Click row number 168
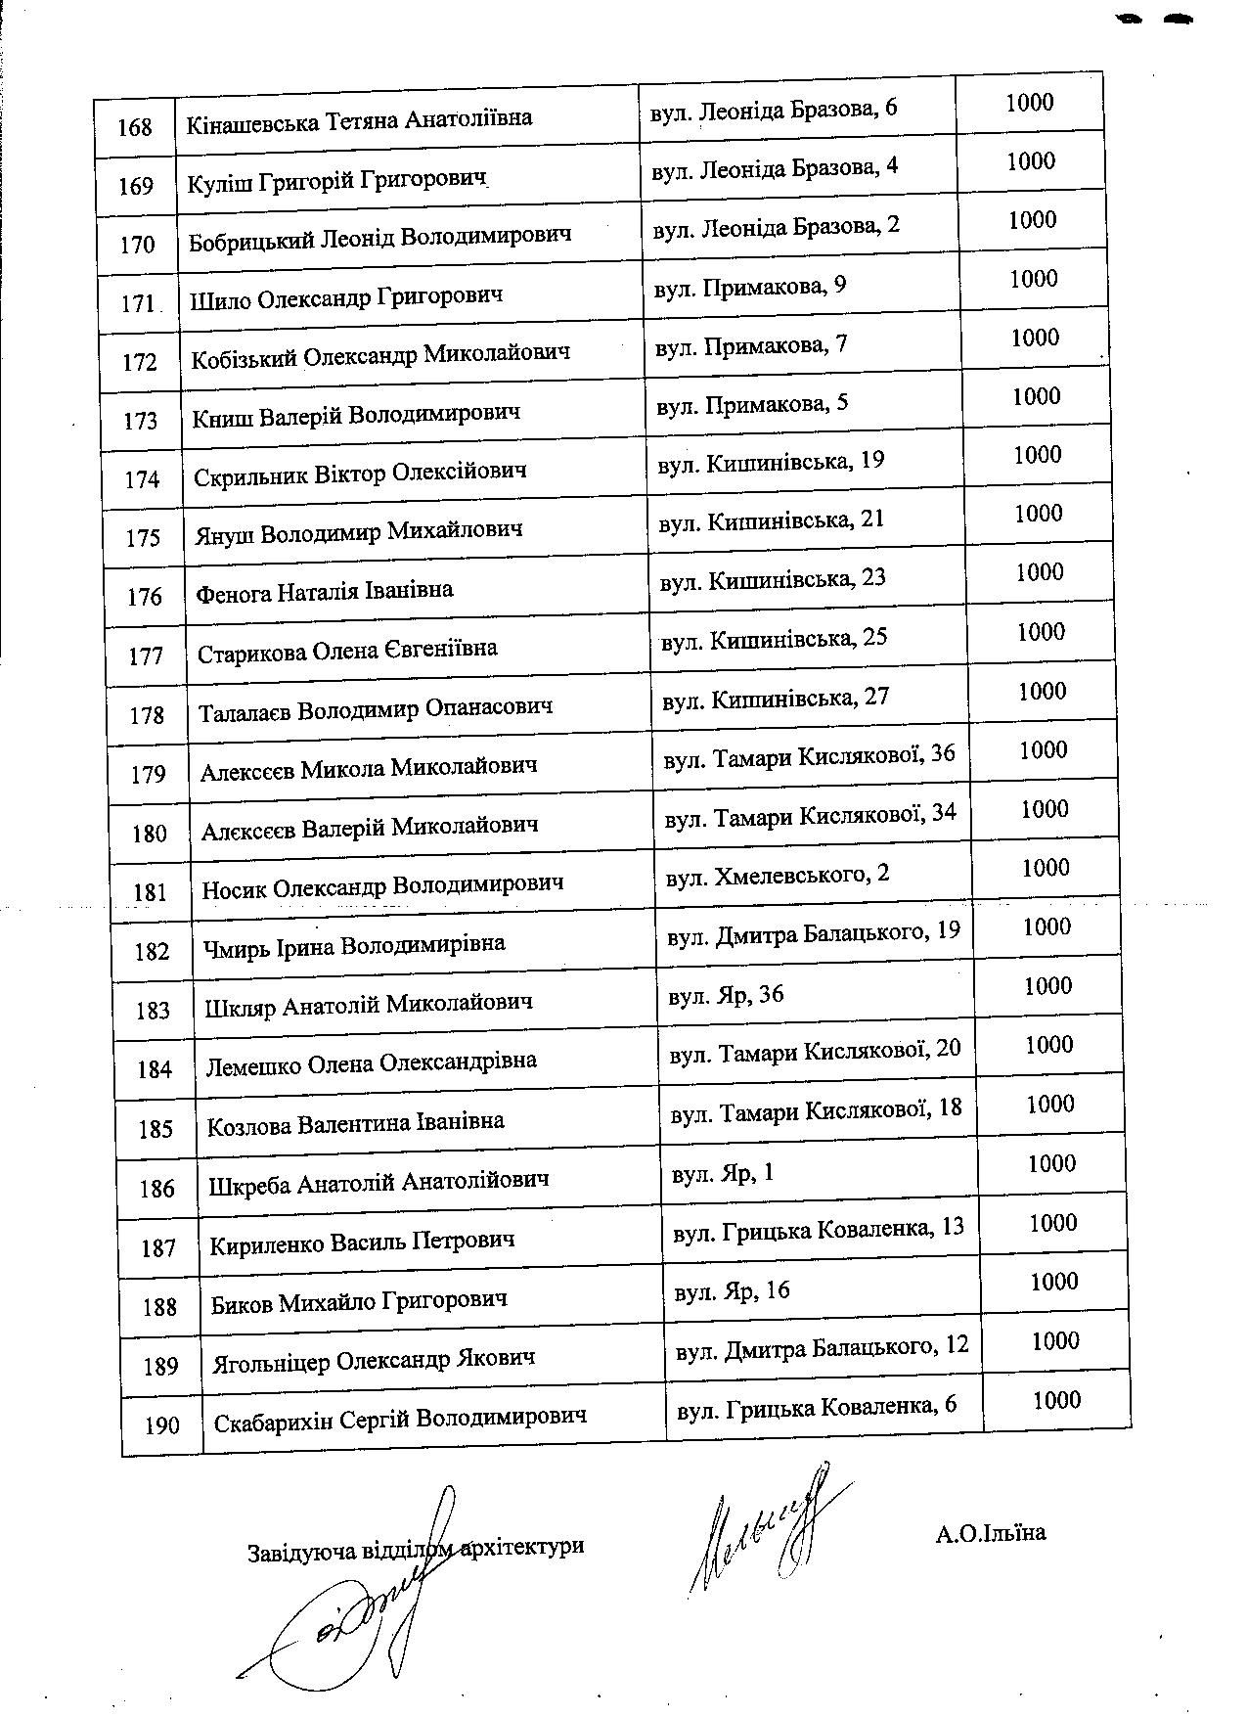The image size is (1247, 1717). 135,127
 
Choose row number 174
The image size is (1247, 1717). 143,479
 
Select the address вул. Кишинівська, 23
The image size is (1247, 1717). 773,579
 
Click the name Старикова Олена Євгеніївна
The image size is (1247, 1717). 347,650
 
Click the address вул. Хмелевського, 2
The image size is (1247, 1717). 778,874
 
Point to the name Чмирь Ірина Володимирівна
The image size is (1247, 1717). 354,945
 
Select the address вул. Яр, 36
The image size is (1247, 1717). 727,995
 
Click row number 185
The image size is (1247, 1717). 156,1129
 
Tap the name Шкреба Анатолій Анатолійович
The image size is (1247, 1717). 379,1181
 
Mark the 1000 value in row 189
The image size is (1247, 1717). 1055,1340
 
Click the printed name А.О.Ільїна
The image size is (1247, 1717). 990,1532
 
